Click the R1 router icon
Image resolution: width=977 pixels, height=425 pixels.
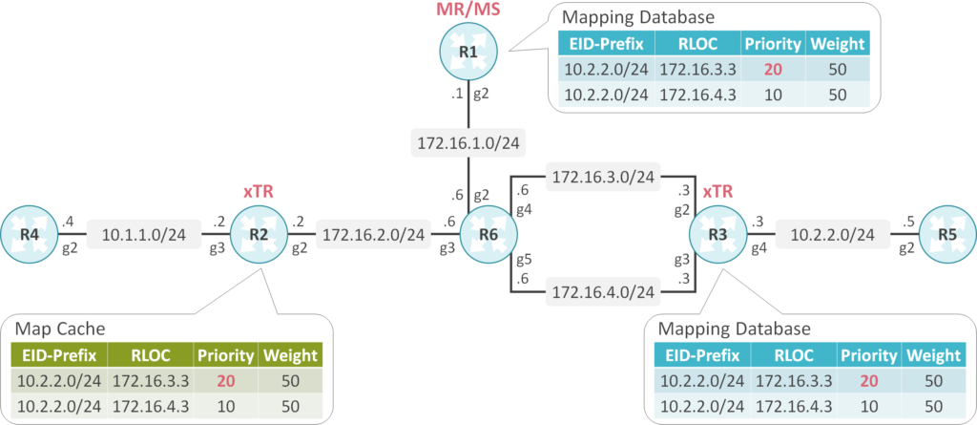tap(468, 50)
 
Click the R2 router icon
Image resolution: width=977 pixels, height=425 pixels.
tap(258, 234)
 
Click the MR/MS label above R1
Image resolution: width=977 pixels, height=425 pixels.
tap(468, 11)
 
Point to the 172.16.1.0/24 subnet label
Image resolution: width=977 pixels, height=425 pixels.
tap(468, 145)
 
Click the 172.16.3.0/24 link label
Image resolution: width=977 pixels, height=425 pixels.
tap(602, 177)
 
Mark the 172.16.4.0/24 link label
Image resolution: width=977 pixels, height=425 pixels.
tap(602, 291)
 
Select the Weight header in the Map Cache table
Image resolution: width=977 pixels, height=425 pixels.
tap(289, 356)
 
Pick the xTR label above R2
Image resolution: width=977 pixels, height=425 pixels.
tap(258, 192)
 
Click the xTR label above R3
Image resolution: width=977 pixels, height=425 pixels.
tap(717, 192)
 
